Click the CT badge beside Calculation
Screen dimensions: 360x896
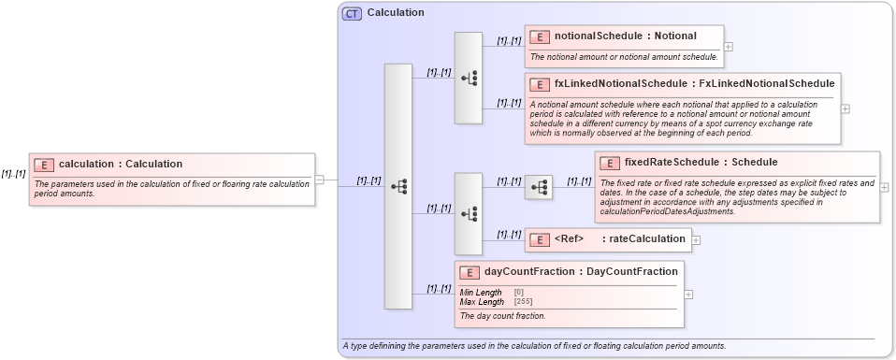click(x=352, y=13)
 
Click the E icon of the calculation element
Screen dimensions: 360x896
click(x=44, y=165)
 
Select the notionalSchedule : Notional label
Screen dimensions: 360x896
click(x=625, y=36)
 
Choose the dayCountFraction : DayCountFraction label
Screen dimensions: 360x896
click(x=581, y=272)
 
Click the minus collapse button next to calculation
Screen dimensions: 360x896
click(x=319, y=180)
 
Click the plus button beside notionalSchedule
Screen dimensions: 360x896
click(x=729, y=46)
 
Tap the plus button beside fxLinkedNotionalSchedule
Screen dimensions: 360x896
click(x=845, y=108)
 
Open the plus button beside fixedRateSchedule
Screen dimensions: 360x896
click(x=885, y=187)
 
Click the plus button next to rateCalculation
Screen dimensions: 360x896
click(x=696, y=240)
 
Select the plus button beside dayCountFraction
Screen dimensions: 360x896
click(x=689, y=294)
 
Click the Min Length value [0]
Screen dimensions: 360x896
click(x=518, y=293)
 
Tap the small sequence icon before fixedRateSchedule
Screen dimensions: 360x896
click(x=539, y=188)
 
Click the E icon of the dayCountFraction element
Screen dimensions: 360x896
click(x=470, y=272)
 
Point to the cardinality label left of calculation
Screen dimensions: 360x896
click(x=13, y=173)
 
